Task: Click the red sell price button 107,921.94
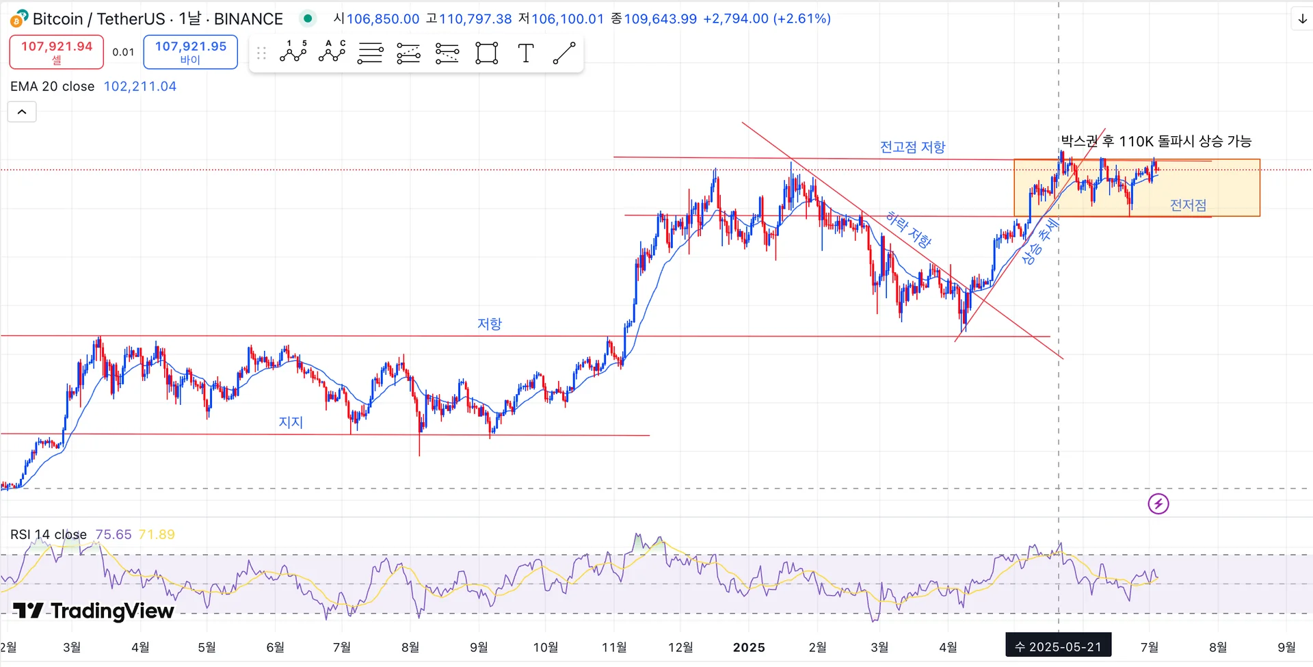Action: coord(56,52)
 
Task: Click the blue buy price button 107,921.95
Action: coord(190,52)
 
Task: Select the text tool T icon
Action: coord(525,53)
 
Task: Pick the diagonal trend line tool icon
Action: coord(563,53)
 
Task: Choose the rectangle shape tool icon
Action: coord(486,53)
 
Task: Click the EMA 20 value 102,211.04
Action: coord(140,86)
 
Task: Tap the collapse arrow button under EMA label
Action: coord(22,112)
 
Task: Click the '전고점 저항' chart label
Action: coord(912,147)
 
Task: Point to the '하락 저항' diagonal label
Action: coord(908,229)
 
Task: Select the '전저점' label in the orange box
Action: coord(1188,205)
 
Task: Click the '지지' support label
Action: coord(291,422)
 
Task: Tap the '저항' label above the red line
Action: coord(489,324)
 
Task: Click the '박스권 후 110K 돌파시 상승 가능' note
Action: coord(1156,142)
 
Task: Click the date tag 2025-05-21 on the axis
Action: coord(1058,646)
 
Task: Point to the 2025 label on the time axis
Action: coord(749,647)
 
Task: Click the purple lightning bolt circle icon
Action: coord(1158,504)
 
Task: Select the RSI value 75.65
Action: coord(114,534)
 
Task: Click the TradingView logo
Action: coord(94,610)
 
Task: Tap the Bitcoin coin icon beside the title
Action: coord(19,18)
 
